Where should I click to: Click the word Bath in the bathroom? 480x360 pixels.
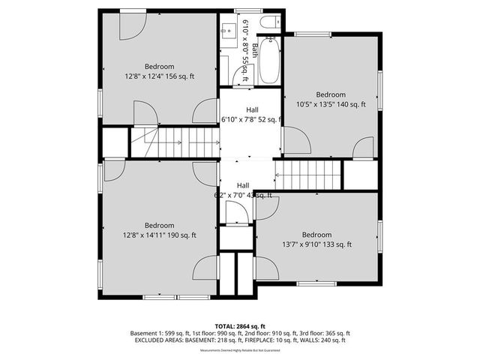(255, 51)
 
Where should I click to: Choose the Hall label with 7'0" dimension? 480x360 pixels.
(243, 190)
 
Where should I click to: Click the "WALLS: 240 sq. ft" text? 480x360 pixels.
(323, 340)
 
